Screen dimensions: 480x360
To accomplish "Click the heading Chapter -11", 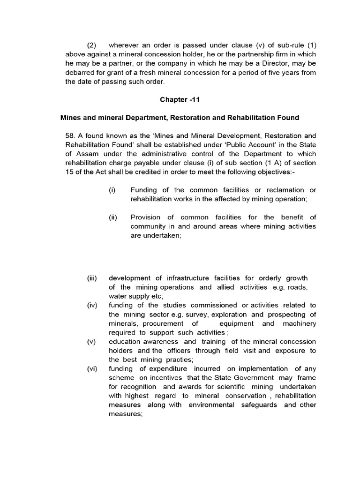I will pyautogui.click(x=180, y=100).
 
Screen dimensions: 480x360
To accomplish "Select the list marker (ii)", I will pyautogui.click(x=112, y=217).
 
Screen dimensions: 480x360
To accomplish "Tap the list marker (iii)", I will pyautogui.click(x=91, y=278).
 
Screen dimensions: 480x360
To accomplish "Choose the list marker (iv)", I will pyautogui.click(x=91, y=305).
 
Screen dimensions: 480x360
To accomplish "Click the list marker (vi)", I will pyautogui.click(x=91, y=369).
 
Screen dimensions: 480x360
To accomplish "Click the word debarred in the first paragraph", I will pyautogui.click(x=80, y=72).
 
